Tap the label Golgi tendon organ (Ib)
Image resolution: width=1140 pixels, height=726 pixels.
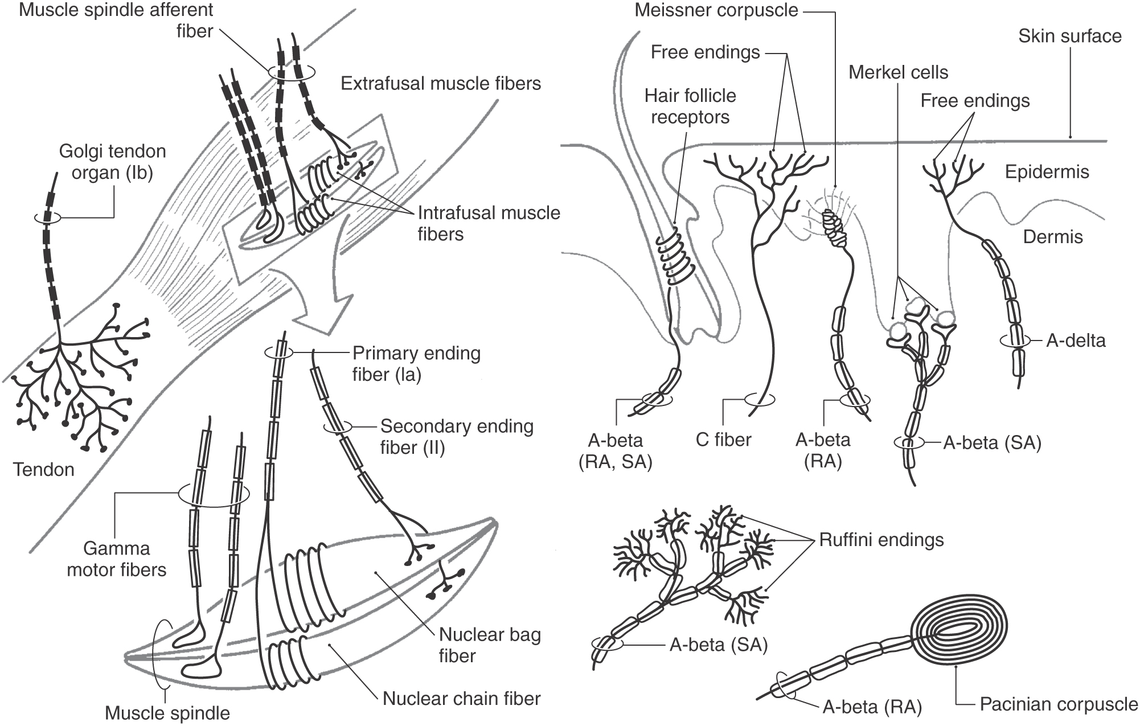(x=112, y=162)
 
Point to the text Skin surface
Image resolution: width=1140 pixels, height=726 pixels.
(x=1069, y=36)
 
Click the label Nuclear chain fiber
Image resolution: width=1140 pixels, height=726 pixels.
(x=461, y=699)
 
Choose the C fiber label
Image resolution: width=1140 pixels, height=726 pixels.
(x=723, y=440)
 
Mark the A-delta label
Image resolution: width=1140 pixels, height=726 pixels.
(x=1076, y=341)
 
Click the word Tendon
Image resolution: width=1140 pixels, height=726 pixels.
(x=44, y=470)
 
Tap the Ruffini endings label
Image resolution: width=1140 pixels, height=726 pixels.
(x=881, y=540)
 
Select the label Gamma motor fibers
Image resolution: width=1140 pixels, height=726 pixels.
(x=117, y=559)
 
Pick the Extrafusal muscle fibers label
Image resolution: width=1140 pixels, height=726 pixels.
(x=440, y=84)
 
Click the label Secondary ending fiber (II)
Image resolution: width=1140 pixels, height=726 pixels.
(x=456, y=437)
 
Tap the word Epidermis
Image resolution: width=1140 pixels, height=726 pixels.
(x=1047, y=172)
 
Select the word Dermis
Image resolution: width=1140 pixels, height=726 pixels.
(x=1052, y=237)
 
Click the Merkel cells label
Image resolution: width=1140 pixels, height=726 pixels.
(x=898, y=73)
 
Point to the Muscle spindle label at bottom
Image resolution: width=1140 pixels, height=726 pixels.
(x=167, y=713)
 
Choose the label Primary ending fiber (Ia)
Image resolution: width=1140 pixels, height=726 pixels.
(x=416, y=364)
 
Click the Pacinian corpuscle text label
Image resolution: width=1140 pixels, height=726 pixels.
(x=1059, y=704)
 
